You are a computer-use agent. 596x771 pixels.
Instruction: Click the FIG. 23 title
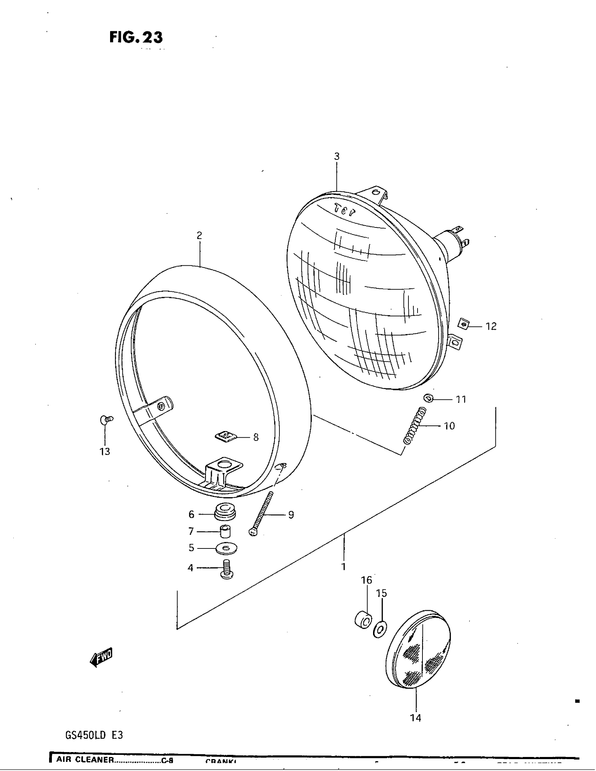[136, 37]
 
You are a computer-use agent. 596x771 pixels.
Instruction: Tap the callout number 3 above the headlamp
[337, 156]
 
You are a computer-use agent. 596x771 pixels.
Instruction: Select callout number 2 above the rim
[199, 236]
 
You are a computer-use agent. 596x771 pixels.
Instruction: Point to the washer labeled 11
[428, 398]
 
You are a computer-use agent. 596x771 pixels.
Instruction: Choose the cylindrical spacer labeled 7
[225, 531]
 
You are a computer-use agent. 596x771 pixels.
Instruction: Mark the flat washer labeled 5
[226, 548]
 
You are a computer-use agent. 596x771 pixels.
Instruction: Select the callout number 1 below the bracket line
[343, 567]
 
